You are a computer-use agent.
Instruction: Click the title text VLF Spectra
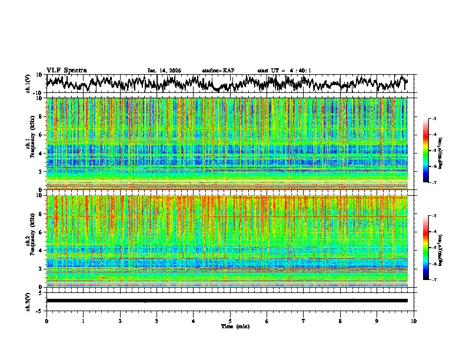point(66,70)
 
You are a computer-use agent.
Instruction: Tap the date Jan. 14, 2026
point(164,71)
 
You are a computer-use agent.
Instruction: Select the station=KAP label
point(218,71)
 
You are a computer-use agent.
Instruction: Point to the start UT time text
point(284,71)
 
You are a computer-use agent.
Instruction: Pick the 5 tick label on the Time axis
point(230,321)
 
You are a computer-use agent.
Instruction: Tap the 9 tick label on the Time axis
point(377,321)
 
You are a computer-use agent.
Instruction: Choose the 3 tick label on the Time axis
point(157,321)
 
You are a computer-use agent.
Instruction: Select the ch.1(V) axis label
point(28,84)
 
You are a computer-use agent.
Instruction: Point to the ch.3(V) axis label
point(28,301)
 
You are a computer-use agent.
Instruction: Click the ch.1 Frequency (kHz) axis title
point(29,144)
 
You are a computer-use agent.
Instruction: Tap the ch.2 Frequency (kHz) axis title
point(29,241)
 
